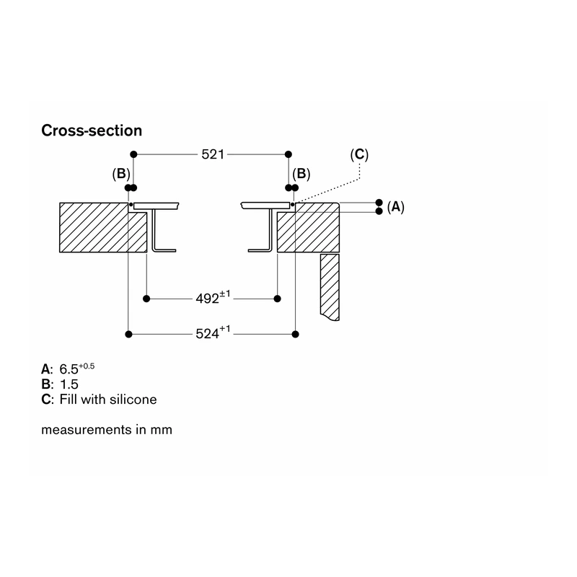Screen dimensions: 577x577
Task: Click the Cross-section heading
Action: (x=92, y=131)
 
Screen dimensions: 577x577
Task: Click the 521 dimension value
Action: (x=213, y=154)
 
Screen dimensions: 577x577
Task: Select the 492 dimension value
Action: (x=207, y=299)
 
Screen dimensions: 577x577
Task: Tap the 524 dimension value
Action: (x=207, y=334)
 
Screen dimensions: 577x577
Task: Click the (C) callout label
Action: (x=359, y=154)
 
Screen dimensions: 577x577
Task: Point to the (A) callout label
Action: (x=395, y=207)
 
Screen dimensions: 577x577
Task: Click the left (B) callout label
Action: (x=121, y=174)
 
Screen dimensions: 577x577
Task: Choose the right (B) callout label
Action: (x=301, y=174)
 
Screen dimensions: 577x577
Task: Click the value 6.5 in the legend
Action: (x=69, y=369)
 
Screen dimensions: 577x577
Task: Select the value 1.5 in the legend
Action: (x=69, y=384)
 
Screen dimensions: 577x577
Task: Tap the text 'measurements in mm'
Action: (x=107, y=429)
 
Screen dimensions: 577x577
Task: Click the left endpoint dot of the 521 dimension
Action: (x=133, y=154)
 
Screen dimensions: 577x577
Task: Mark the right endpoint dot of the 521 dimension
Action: (x=288, y=154)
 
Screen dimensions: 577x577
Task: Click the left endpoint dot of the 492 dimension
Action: (x=146, y=299)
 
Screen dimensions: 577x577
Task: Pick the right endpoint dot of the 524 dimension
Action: (x=295, y=334)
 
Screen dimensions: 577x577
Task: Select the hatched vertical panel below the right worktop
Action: (x=330, y=286)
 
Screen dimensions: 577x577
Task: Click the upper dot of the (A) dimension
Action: (x=379, y=203)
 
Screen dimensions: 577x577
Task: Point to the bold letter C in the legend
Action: (x=45, y=400)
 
